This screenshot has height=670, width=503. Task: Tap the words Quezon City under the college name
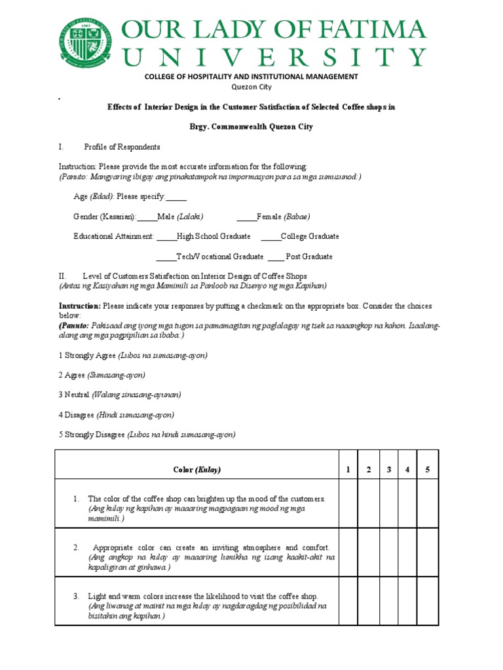click(251, 86)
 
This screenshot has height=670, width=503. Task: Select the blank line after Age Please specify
click(176, 196)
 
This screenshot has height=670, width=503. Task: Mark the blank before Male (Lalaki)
click(147, 217)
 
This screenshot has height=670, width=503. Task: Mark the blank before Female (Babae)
click(246, 217)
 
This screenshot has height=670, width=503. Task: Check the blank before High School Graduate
click(167, 236)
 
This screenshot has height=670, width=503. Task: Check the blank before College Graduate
click(270, 236)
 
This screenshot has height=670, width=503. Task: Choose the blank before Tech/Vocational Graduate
click(166, 256)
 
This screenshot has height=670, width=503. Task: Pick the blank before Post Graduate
click(276, 256)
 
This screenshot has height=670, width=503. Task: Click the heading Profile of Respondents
click(122, 147)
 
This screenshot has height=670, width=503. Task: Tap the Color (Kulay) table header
click(196, 470)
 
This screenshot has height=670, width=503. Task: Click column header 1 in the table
click(348, 470)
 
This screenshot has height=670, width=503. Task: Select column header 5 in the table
click(426, 470)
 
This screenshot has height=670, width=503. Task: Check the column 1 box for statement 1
click(348, 503)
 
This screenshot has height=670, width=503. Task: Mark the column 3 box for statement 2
click(389, 552)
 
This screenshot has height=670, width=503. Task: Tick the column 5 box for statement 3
click(426, 601)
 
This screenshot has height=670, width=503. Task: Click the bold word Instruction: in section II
click(79, 306)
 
